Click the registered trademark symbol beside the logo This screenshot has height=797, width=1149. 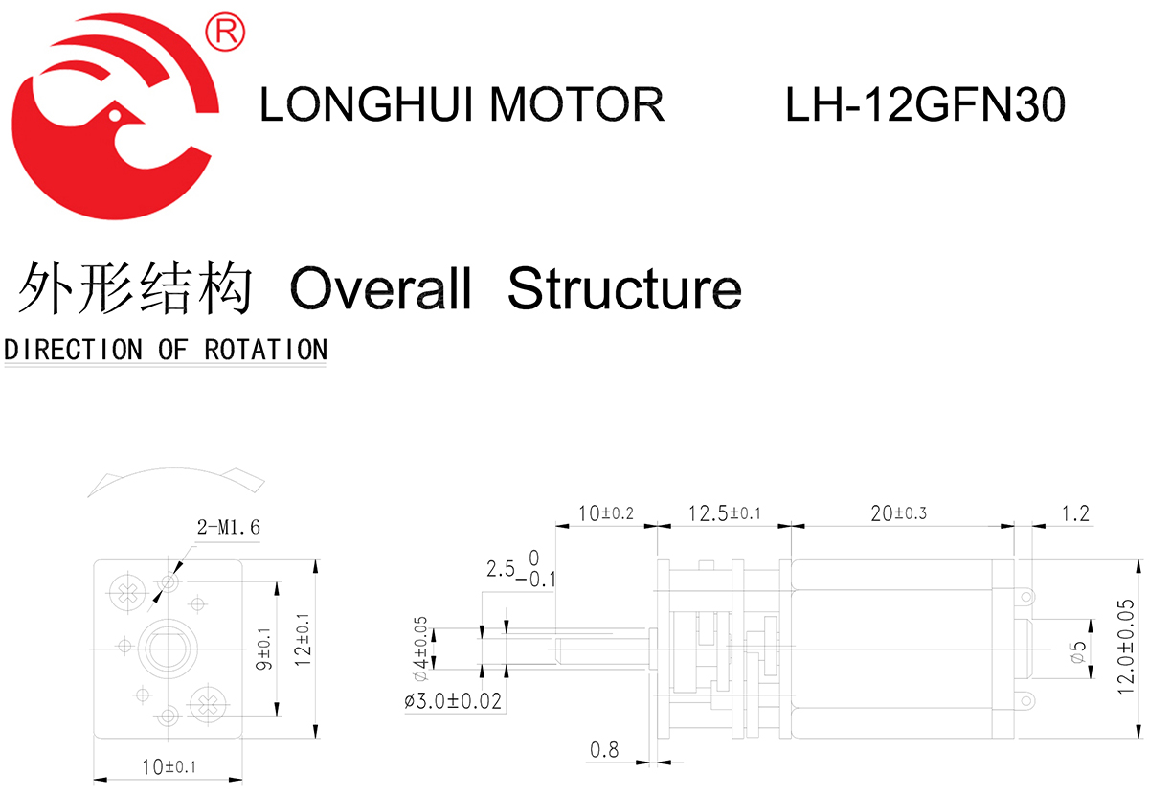click(x=225, y=33)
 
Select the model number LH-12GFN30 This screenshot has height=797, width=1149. click(x=925, y=104)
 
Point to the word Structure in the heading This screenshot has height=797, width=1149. click(x=624, y=287)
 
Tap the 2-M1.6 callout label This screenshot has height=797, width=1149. click(x=227, y=527)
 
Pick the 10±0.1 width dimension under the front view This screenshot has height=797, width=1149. click(x=169, y=767)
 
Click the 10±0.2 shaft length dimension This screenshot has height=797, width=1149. click(x=605, y=513)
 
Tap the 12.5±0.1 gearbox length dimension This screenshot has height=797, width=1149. click(x=724, y=513)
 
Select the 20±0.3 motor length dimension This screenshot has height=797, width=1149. click(x=898, y=513)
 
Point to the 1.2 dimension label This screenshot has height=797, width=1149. click(x=1075, y=513)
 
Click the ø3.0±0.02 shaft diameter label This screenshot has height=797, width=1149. click(x=453, y=702)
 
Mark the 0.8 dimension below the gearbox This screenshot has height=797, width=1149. click(x=604, y=750)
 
